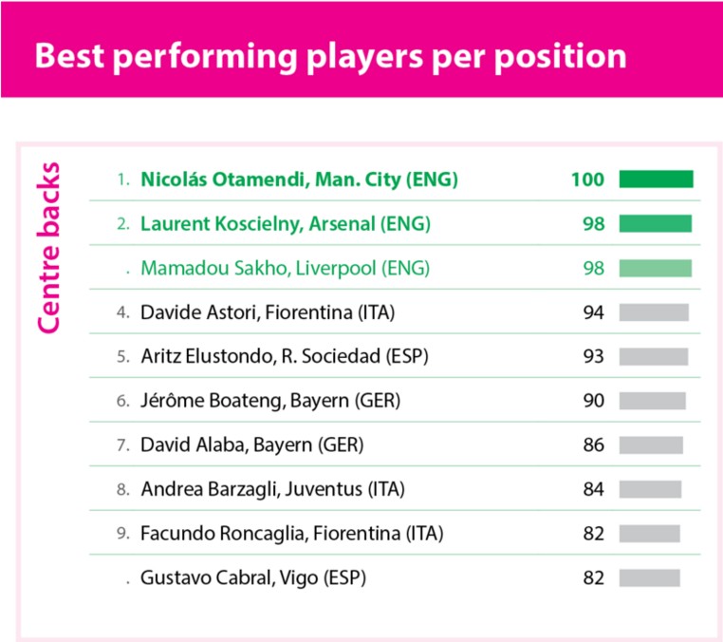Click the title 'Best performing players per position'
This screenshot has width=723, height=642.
click(330, 57)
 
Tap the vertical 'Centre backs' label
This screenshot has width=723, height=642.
click(48, 247)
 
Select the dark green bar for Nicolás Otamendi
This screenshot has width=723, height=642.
click(656, 179)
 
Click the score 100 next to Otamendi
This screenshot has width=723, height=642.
click(587, 179)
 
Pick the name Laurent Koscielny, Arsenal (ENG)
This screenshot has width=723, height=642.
click(286, 224)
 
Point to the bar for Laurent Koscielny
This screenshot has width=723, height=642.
click(656, 223)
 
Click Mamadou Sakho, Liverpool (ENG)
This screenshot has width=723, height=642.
click(285, 268)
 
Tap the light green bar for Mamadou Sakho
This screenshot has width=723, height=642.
click(656, 268)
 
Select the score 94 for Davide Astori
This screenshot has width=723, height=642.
click(593, 312)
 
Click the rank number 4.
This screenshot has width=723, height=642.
click(123, 312)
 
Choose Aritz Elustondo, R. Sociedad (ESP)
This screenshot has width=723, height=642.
click(285, 356)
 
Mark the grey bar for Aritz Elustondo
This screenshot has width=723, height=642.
click(654, 357)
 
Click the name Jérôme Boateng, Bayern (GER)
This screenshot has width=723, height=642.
click(270, 401)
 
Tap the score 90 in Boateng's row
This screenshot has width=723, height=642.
click(593, 401)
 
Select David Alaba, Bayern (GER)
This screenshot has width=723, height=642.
click(251, 444)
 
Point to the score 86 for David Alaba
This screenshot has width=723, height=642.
click(593, 444)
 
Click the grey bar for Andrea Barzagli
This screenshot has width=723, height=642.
click(650, 489)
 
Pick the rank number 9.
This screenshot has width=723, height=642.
click(123, 534)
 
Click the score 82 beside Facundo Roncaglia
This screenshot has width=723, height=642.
click(593, 534)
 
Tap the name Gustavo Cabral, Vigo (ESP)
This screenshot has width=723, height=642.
click(253, 577)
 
